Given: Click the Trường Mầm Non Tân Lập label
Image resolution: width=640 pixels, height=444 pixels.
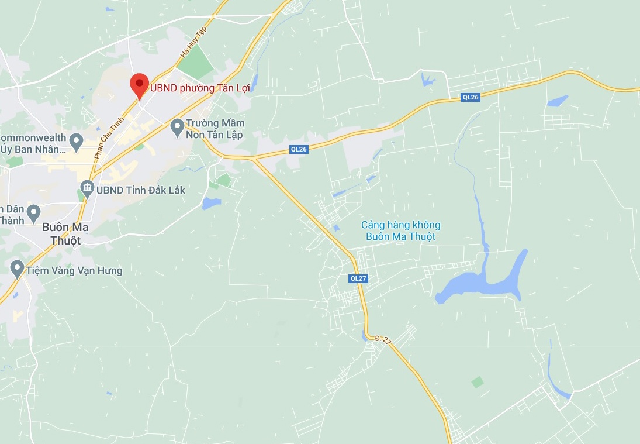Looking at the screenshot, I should click(215, 129).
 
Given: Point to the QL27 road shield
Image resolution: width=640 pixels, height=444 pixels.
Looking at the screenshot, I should click(358, 278).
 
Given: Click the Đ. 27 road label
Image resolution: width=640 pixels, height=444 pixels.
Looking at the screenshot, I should click(383, 339).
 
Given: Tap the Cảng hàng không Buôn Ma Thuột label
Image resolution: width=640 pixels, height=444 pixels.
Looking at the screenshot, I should click(400, 230).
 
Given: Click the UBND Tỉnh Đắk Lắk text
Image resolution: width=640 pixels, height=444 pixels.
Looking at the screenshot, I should click(140, 190).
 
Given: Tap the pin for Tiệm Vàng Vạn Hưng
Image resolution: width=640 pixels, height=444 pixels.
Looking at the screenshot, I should click(17, 269).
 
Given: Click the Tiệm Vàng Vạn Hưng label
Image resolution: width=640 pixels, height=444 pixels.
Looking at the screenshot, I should click(74, 271).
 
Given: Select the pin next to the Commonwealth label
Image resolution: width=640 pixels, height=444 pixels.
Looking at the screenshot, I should click(75, 140).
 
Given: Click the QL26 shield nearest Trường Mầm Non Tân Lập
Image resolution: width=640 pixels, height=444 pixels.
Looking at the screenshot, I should click(299, 149).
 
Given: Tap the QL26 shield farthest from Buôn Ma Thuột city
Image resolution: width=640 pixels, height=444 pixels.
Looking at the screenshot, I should click(470, 97).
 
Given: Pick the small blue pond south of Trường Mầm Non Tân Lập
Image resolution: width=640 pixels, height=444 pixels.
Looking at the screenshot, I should click(211, 204).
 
